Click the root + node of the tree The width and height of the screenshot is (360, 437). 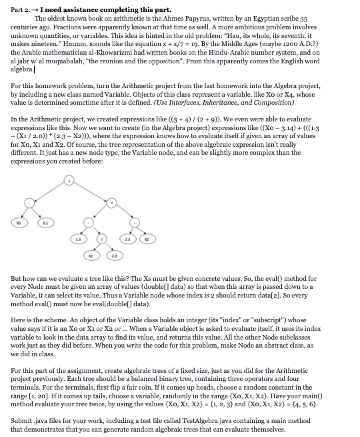click(69, 179)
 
